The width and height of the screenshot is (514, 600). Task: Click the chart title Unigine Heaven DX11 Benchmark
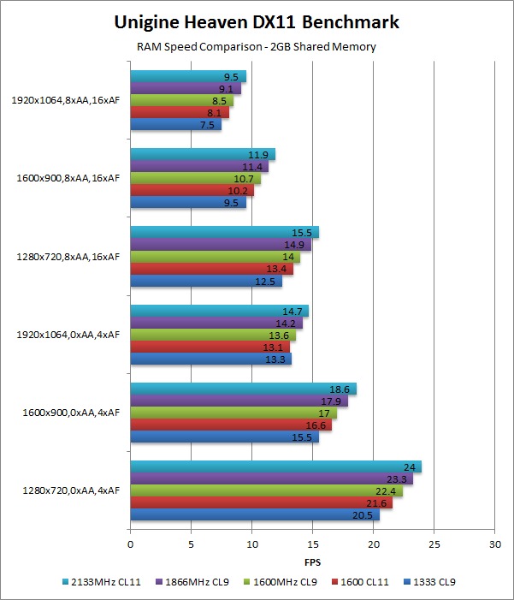pos(257,21)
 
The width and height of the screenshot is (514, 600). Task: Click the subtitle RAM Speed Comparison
pos(257,47)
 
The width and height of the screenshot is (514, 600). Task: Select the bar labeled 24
pos(275,466)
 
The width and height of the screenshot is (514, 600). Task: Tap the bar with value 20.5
pos(254,514)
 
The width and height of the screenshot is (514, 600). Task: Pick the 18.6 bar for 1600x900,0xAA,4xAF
pos(243,389)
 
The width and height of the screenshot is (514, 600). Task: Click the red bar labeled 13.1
pos(210,347)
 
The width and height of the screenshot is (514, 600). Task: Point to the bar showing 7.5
pos(175,125)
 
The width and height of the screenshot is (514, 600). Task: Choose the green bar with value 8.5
pos(181,100)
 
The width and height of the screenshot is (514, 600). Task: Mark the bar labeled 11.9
pos(202,154)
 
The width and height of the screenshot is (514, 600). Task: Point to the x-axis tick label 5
pos(191,544)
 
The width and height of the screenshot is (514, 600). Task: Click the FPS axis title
pos(312,563)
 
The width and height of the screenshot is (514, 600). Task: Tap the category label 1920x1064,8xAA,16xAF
pos(66,100)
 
